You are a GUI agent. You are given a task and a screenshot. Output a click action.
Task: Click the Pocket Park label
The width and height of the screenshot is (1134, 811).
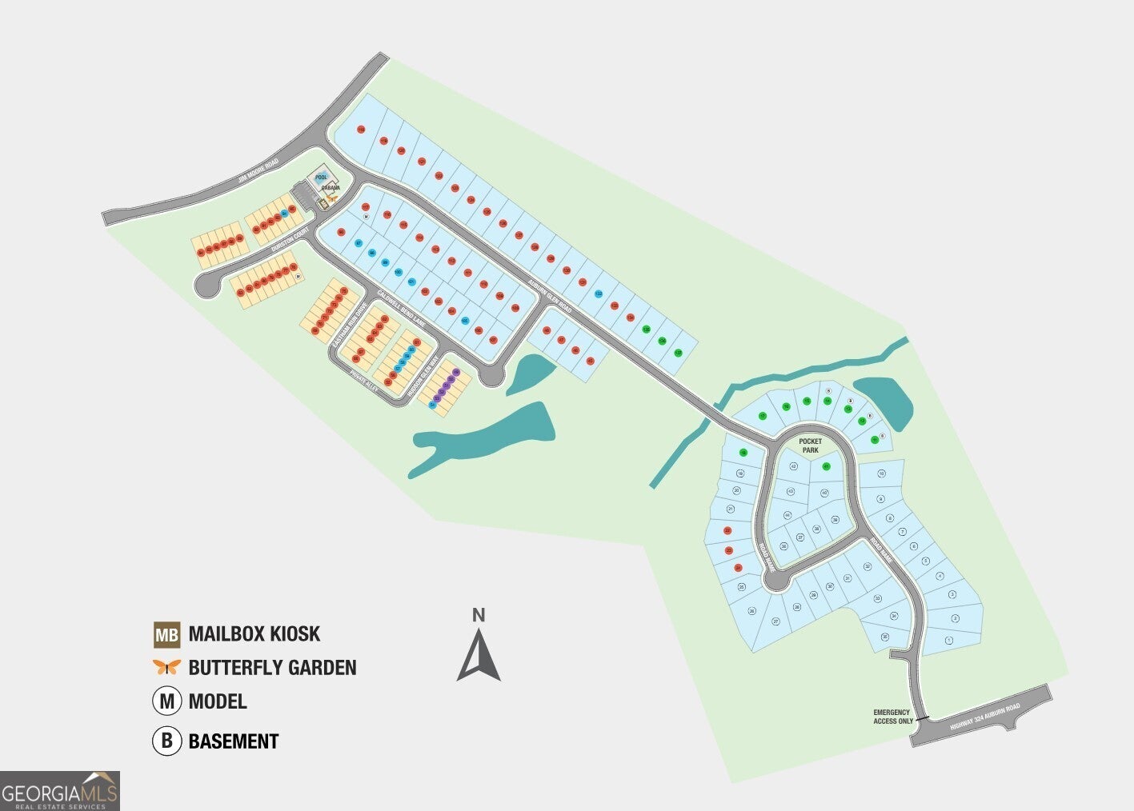810,445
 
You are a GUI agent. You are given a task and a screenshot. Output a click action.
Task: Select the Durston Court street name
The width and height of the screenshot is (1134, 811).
291,241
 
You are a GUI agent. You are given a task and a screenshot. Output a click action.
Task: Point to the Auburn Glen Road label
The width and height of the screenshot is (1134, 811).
551,295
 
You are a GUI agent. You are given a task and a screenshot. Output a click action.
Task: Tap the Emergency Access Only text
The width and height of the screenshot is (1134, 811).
892,717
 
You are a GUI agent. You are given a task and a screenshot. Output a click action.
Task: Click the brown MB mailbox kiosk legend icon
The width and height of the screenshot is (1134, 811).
167,635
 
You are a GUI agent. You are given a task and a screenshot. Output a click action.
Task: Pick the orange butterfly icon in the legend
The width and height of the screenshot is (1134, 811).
166,667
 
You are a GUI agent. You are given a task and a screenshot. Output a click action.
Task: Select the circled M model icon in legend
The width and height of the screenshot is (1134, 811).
166,701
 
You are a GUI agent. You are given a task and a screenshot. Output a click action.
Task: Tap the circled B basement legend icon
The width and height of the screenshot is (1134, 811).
166,741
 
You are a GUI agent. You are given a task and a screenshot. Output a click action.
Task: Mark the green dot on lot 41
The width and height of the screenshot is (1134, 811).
827,466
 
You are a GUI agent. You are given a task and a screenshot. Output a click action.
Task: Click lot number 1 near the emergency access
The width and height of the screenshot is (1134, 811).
949,640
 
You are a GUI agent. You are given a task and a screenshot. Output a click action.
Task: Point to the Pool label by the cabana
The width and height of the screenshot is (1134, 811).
322,177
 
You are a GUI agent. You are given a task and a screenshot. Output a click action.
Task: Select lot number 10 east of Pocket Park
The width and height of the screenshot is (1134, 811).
881,473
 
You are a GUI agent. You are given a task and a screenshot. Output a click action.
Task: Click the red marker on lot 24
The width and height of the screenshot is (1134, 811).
738,568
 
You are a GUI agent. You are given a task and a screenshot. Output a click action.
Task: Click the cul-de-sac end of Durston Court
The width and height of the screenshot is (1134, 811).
206,286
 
